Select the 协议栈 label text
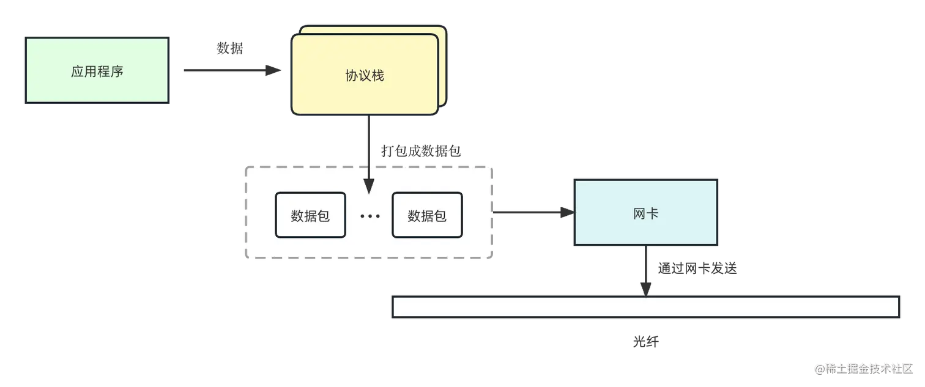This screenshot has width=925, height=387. [365, 76]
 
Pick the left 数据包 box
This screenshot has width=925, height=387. [310, 215]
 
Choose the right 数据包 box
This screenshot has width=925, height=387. [427, 215]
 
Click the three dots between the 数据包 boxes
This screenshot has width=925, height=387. [370, 216]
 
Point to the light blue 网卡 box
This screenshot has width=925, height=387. [646, 213]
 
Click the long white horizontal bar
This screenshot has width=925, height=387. [645, 307]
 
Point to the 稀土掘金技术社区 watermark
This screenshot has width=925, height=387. [869, 368]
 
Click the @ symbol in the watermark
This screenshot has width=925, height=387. [819, 368]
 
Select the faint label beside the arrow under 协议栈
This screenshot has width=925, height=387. [420, 150]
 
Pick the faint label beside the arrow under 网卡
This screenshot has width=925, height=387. [697, 268]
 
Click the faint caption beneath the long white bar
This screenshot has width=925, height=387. [645, 341]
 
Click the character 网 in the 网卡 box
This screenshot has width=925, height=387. [639, 213]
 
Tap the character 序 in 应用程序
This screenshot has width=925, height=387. [117, 71]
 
